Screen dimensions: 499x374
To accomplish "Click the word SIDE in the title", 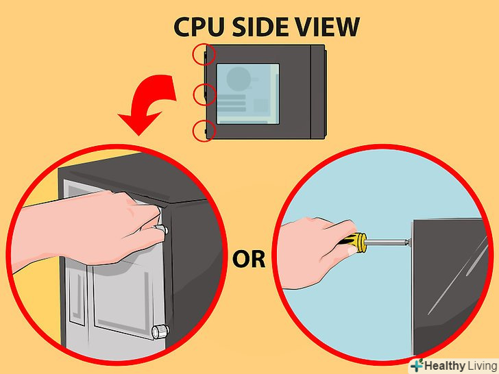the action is tap(260, 27).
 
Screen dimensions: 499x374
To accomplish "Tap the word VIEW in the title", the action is tap(326, 27).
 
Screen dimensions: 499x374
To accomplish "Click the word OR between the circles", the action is tap(249, 259).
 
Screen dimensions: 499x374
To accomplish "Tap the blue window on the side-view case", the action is tap(248, 94).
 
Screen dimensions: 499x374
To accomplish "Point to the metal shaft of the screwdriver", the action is tap(387, 242).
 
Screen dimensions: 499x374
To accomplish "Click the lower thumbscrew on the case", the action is tap(160, 332).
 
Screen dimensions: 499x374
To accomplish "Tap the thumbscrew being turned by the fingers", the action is tap(161, 229).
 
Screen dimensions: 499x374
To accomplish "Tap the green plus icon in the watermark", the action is tap(417, 365).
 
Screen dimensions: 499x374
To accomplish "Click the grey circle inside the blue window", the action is tap(238, 78).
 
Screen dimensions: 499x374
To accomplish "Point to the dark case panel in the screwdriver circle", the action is tap(449, 286).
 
